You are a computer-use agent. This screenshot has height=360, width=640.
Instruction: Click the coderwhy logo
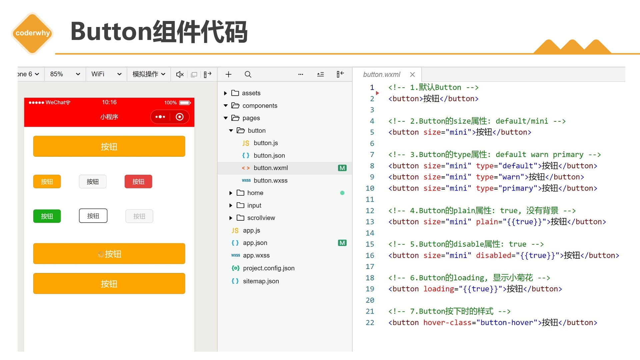(x=32, y=33)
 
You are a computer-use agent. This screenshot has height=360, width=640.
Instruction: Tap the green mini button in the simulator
(x=47, y=216)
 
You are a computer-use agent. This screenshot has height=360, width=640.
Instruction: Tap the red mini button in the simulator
(x=138, y=182)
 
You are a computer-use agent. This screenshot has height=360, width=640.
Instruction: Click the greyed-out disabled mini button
(x=139, y=216)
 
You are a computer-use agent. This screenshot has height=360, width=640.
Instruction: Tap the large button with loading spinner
(x=109, y=254)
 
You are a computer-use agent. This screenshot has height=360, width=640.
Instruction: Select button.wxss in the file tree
(x=270, y=180)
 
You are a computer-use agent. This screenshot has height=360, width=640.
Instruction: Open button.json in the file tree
(x=269, y=155)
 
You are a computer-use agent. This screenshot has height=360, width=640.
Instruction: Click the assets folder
(x=251, y=93)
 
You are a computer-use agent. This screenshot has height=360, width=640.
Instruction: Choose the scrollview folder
(x=261, y=218)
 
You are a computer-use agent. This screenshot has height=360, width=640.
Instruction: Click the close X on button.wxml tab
(x=412, y=74)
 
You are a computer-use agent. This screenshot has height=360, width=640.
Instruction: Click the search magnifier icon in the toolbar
(x=248, y=74)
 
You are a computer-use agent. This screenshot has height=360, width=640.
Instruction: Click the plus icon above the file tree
(x=228, y=74)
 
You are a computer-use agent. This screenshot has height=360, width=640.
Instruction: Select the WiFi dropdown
(x=106, y=74)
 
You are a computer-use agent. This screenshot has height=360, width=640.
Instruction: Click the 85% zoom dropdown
(x=65, y=74)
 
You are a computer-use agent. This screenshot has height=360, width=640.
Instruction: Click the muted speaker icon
(x=180, y=74)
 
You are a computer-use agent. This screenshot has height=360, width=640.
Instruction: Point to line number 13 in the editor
(x=370, y=222)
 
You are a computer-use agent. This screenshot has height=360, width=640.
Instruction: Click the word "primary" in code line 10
(x=518, y=188)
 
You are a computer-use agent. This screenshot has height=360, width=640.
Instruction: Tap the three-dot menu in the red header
(x=160, y=117)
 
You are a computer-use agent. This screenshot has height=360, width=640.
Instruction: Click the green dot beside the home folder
(x=342, y=193)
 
